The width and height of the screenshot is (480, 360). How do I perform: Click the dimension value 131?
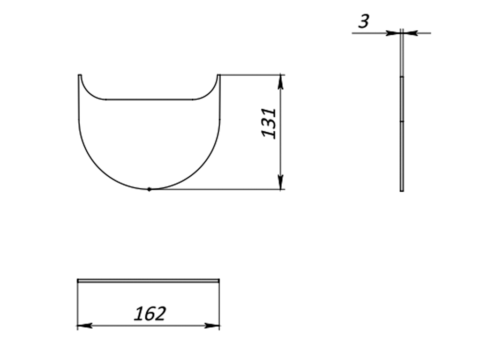[x=269, y=123]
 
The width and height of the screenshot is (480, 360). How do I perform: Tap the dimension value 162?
[x=150, y=314]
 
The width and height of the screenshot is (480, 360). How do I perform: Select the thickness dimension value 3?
[x=364, y=21]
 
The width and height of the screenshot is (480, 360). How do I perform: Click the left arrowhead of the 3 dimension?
[x=394, y=33]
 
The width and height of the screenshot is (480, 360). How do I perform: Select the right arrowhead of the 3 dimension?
[x=410, y=33]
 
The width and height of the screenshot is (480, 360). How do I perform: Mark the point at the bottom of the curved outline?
[x=149, y=189]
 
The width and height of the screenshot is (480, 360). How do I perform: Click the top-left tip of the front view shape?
[x=80, y=75]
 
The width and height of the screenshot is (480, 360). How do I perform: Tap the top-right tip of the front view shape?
[x=218, y=75]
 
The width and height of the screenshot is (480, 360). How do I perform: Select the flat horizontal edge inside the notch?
[x=149, y=99]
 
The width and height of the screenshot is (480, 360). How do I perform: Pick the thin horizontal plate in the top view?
[x=148, y=281]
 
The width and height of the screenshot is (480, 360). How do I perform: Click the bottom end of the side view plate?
[x=402, y=190]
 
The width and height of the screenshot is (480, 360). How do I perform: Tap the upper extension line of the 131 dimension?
[x=251, y=75]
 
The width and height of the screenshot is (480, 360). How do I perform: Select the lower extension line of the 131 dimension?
[x=220, y=189]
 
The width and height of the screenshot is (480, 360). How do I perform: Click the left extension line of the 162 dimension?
[x=77, y=305]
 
